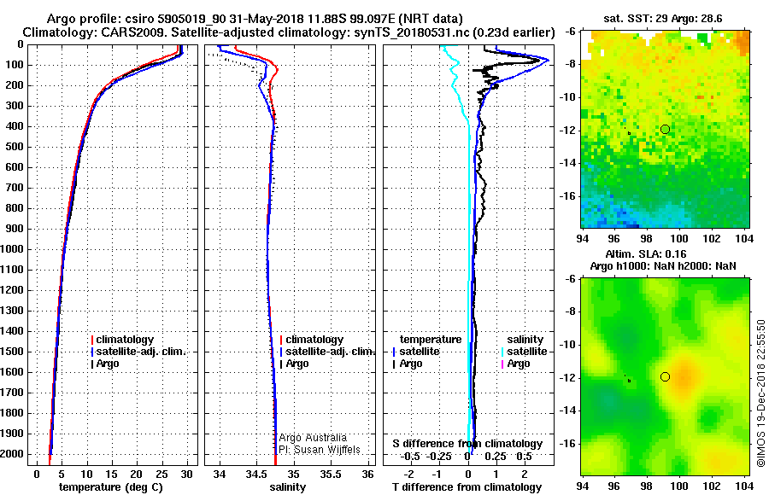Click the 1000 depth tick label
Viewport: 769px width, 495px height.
coord(13,250)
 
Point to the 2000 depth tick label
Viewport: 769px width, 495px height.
coord(13,455)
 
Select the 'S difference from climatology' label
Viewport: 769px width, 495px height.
coord(467,444)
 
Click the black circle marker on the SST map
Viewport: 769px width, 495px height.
coord(665,129)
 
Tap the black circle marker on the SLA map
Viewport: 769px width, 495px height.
coord(665,376)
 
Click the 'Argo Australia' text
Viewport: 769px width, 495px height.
coord(314,437)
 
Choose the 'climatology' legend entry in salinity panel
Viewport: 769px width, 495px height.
coord(314,340)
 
